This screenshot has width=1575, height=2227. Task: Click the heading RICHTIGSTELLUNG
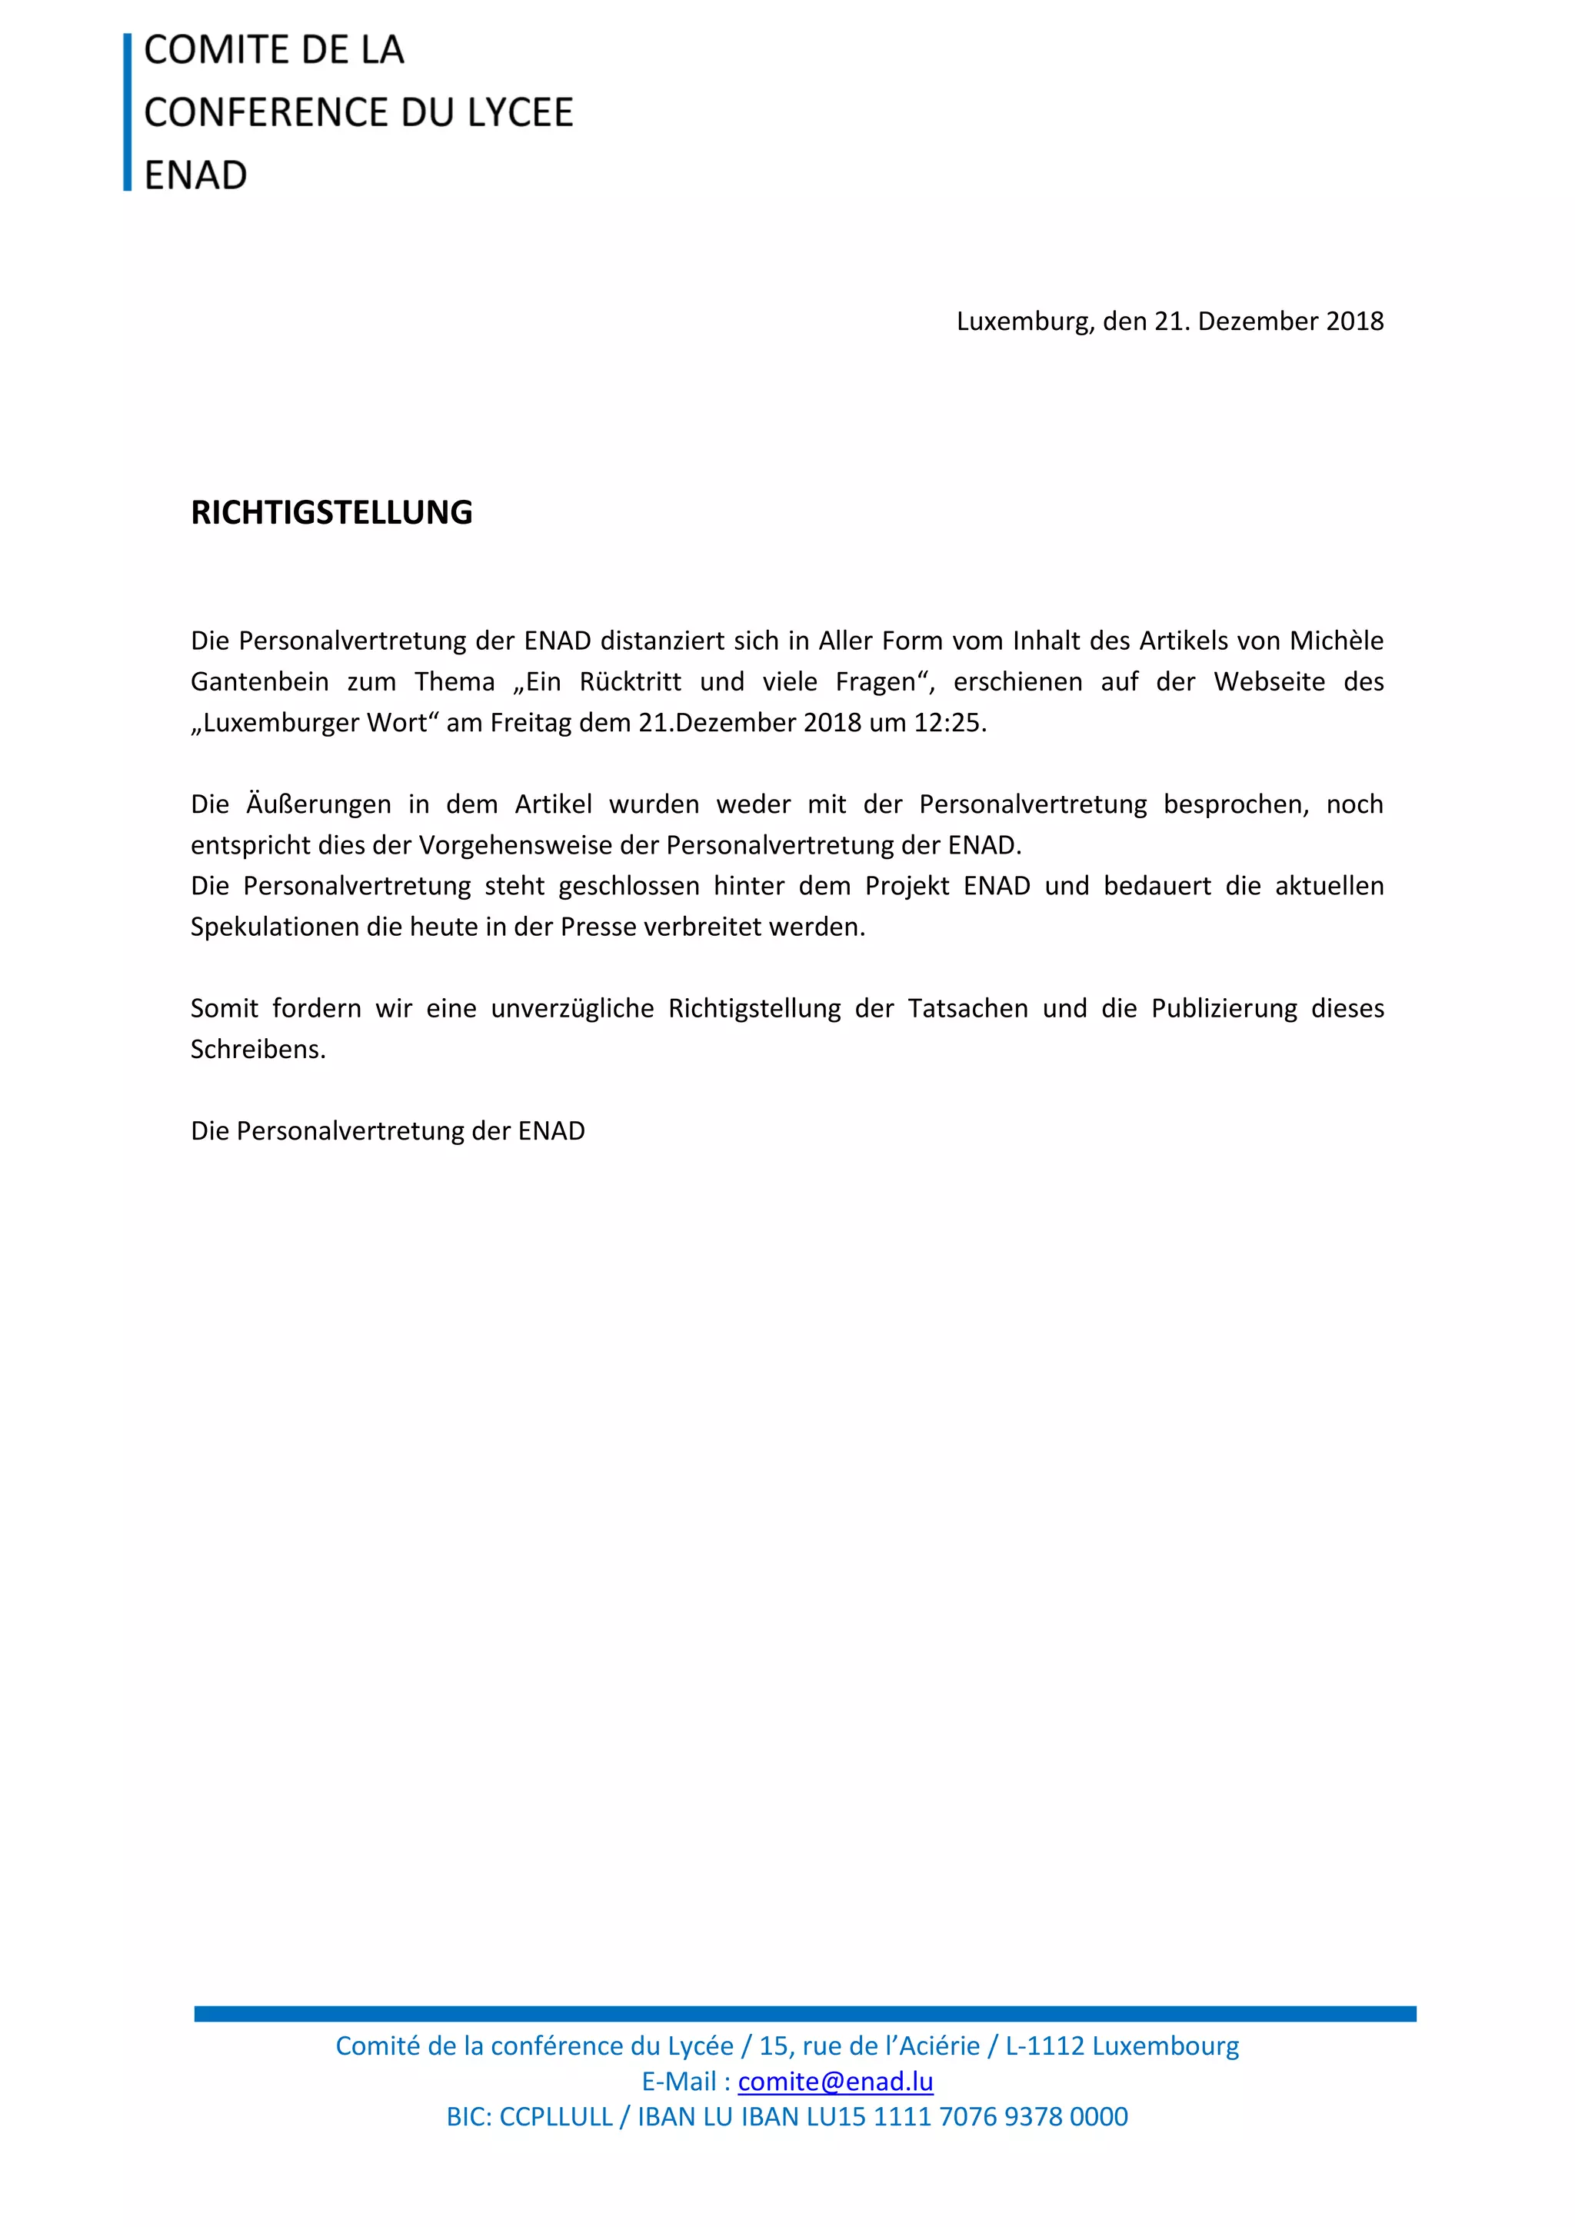point(331,512)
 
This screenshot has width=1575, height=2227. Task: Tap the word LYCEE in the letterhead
point(520,112)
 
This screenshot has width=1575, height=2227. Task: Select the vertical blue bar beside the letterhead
point(127,112)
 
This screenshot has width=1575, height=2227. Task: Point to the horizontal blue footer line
point(805,2014)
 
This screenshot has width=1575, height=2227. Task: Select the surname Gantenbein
point(259,682)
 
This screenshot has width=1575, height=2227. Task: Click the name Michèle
point(1337,641)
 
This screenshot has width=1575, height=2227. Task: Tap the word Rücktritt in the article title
point(631,682)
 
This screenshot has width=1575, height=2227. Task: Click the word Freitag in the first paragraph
point(531,723)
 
